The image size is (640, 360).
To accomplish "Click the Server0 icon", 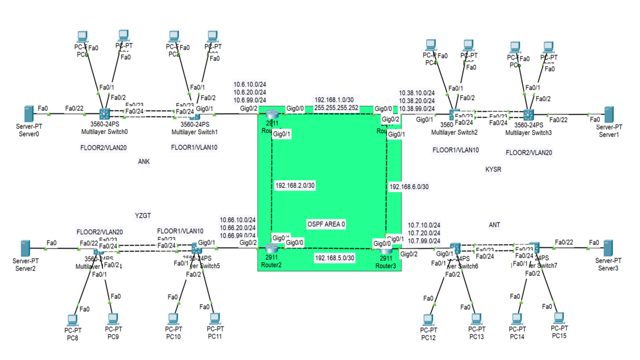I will point(29,113).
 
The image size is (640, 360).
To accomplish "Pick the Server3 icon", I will point(608,248).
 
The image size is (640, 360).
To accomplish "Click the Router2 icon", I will point(272,247).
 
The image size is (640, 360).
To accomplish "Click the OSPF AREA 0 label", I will point(326,225).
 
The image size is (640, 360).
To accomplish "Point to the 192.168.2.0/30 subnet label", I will point(295,186).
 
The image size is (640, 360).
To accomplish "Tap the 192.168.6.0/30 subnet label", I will point(409,187).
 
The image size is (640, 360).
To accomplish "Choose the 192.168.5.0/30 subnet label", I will point(334,258).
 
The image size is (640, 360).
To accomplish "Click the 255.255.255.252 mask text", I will point(336,107).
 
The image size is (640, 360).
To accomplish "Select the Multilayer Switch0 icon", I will point(104,113).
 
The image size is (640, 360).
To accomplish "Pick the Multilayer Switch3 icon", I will point(528,114).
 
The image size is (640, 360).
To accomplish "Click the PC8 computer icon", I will point(72,320).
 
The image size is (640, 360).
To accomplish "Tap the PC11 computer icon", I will point(214,319).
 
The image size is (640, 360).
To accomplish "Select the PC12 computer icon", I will point(427,319).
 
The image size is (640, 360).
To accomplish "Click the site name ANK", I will point(143,163).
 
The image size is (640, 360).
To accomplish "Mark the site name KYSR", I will point(493,169).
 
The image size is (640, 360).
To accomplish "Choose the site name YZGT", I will point(143,215).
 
